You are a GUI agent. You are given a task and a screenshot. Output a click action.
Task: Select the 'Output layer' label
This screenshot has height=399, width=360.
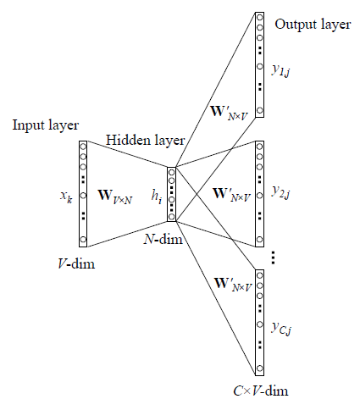click(x=313, y=25)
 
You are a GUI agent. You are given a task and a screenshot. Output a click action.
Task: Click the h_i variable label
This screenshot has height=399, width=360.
click(x=156, y=196)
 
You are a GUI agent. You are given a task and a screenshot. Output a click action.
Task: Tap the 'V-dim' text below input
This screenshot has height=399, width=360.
click(x=72, y=264)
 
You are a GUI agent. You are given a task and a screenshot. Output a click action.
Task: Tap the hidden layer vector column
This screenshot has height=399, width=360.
click(x=172, y=194)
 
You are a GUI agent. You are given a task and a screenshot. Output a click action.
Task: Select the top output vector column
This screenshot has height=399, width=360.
click(x=261, y=64)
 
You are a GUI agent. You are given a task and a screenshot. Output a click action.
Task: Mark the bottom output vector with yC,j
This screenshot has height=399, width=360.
click(x=261, y=322)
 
